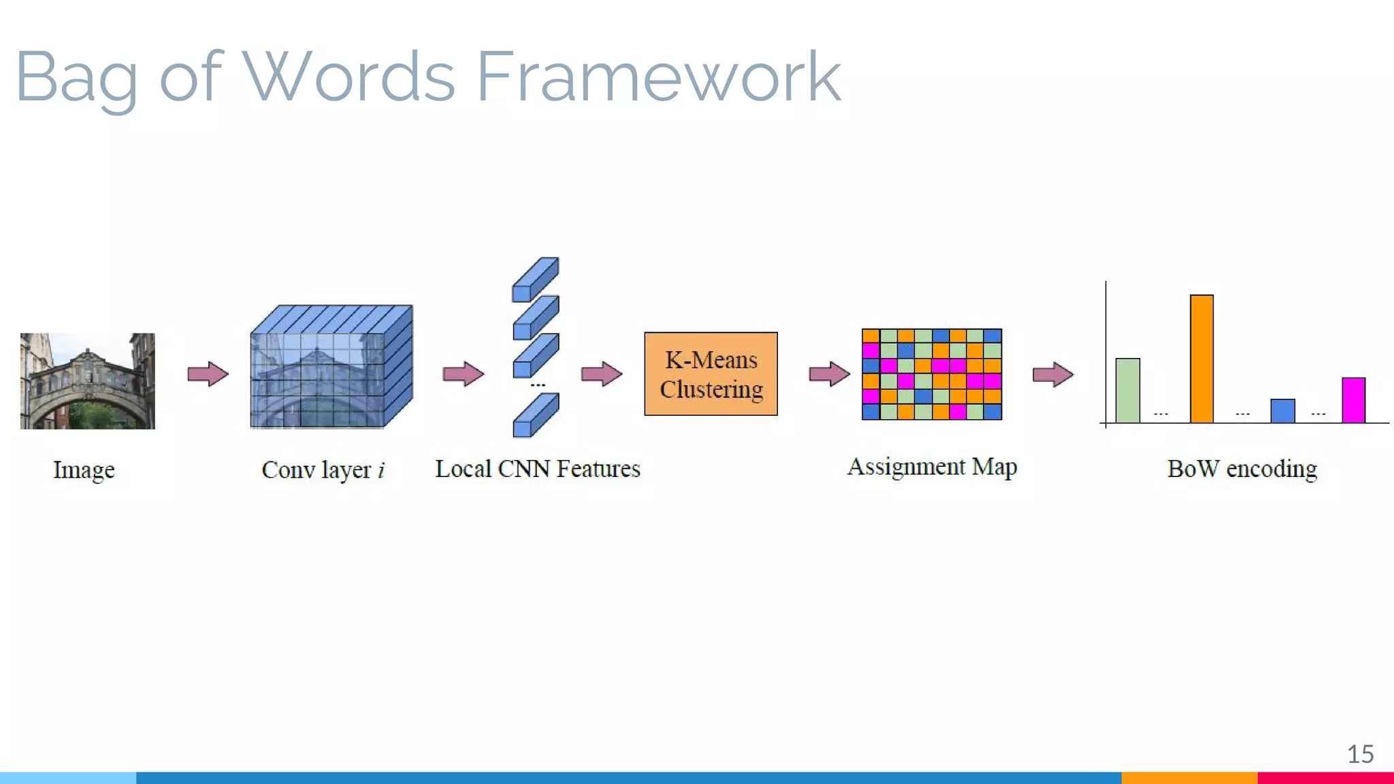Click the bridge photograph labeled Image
[88, 380]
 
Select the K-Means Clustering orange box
[711, 374]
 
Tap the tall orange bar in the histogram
[1201, 359]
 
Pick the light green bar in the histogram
[1127, 390]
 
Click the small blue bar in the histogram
[1282, 410]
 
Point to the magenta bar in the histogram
[1353, 400]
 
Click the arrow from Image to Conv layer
[208, 374]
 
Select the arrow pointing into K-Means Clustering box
[601, 374]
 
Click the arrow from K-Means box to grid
[829, 374]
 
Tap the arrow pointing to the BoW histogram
[1052, 374]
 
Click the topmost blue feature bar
[536, 279]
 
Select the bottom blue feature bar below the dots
[536, 414]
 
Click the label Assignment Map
[932, 467]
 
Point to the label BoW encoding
[1242, 469]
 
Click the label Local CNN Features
[538, 469]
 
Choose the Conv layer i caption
[323, 470]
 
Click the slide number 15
[1360, 754]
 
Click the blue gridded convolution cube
[331, 367]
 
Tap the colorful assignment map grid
[931, 374]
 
